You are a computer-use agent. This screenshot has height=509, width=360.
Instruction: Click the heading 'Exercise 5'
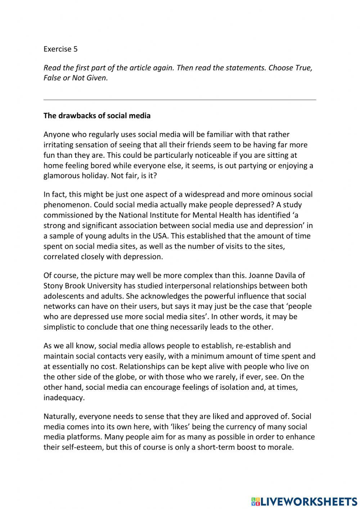60,49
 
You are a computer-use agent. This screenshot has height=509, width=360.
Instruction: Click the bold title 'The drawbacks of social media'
97,116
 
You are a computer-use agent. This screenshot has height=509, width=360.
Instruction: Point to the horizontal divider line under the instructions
180,99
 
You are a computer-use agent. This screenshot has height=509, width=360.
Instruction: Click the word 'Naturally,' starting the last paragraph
60,416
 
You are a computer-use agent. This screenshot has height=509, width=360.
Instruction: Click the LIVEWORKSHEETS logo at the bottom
304,501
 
